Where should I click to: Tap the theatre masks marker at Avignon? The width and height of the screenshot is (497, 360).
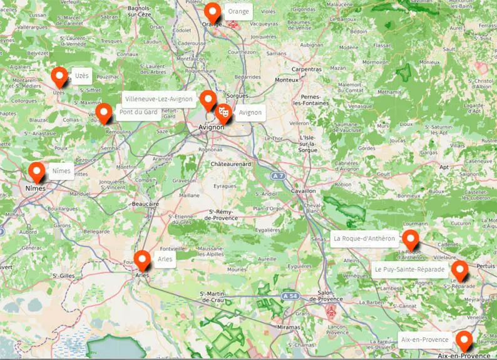click(x=223, y=113)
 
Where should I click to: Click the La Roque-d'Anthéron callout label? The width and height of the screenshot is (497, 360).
click(x=364, y=239)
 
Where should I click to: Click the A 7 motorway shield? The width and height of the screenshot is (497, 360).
click(x=279, y=177)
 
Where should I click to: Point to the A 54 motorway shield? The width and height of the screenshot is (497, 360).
click(x=289, y=296)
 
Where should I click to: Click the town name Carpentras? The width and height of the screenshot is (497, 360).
click(x=306, y=69)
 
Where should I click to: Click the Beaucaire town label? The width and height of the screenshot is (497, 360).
click(x=145, y=204)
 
